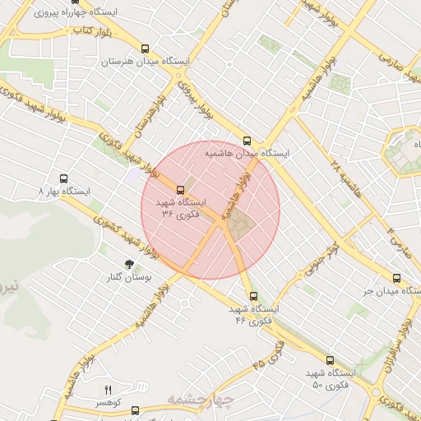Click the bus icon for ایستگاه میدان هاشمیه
[248, 140]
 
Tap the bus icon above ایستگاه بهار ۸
[64, 178]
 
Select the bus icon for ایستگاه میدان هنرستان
[146, 49]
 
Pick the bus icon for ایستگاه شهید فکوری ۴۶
[252, 296]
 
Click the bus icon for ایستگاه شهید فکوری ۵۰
[330, 360]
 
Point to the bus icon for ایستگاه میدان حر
[396, 278]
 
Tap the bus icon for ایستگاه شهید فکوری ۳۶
[181, 189]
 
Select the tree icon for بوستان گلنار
[128, 264]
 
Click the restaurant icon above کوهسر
[107, 389]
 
